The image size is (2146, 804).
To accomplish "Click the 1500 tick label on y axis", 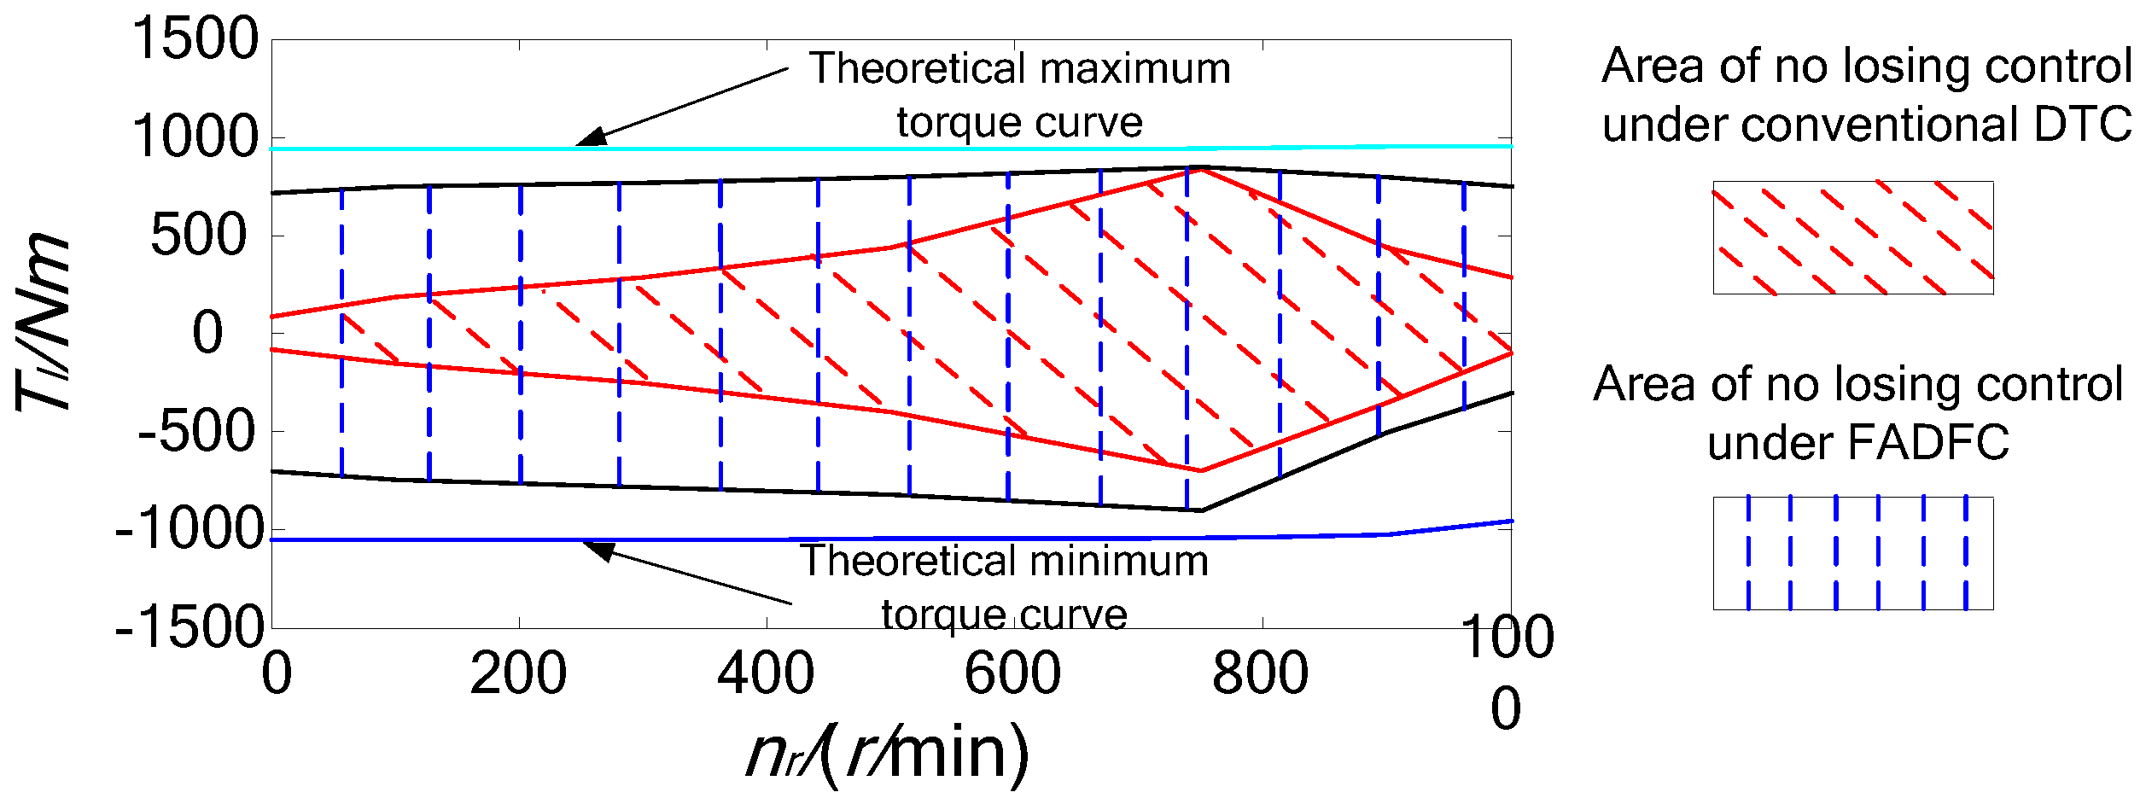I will coord(195,39).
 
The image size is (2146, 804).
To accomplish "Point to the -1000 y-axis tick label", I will coord(190,529).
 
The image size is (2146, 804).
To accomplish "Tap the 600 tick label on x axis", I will coord(1012,673).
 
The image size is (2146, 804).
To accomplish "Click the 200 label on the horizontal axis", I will coord(518,673).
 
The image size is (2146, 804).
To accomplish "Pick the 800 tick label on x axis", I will coord(1260,673).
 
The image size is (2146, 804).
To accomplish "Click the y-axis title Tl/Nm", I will coord(43,322).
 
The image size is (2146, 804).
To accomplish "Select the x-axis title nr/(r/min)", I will coord(888,754).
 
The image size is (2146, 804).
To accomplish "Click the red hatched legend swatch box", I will coord(1852,237).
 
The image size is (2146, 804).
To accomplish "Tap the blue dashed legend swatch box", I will coord(1852,553).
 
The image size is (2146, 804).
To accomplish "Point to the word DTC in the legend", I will coord(2082,125).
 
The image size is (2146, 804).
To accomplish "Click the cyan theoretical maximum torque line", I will coord(854,149).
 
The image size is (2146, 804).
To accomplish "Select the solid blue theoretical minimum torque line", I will coord(854,539).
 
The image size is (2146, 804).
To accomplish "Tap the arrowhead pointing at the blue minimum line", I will coord(598,550).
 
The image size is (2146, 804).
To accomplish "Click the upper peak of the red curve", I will coord(1202,170).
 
